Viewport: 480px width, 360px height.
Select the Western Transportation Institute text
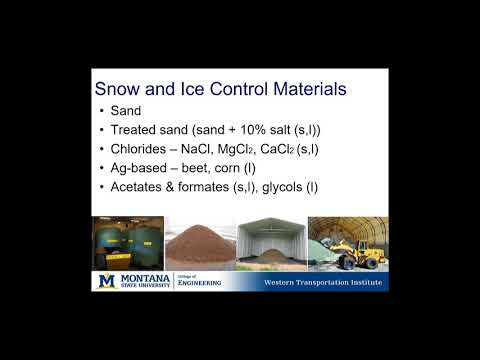(x=320, y=283)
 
